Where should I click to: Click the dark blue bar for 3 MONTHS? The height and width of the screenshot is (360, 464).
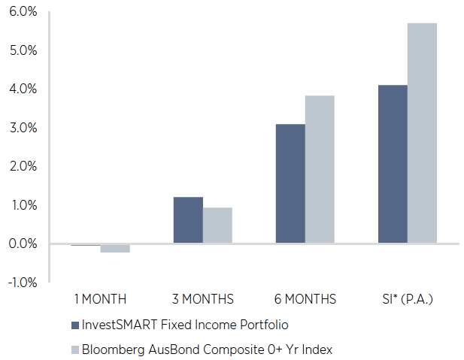[x=188, y=219]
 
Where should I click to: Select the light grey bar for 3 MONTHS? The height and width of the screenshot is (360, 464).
[x=217, y=225]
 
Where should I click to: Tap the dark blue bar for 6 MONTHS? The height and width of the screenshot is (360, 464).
[x=290, y=183]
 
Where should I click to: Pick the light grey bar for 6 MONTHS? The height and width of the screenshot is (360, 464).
[x=320, y=169]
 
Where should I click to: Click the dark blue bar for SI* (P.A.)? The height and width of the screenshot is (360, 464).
[x=393, y=164]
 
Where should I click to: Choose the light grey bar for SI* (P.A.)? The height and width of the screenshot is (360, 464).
[x=422, y=133]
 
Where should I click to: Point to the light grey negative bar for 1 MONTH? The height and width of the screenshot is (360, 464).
[x=115, y=248]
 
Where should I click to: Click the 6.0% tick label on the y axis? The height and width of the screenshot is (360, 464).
[x=23, y=12]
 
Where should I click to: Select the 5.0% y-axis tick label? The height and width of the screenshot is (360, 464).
[x=23, y=50]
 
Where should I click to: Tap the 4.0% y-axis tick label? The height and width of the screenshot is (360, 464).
[x=23, y=89]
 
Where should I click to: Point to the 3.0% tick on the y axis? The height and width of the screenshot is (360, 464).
[x=23, y=128]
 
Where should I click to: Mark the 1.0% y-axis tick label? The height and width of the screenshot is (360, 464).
[x=23, y=205]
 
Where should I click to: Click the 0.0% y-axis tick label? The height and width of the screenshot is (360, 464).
[x=23, y=244]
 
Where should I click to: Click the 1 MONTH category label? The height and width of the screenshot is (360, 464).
[x=100, y=299]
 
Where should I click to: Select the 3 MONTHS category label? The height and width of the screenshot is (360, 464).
[x=202, y=299]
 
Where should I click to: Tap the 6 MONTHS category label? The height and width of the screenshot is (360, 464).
[x=305, y=299]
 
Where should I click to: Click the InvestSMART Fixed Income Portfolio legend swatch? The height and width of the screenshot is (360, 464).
[x=74, y=325]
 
